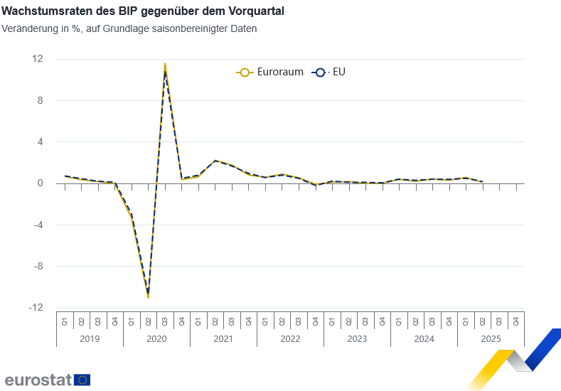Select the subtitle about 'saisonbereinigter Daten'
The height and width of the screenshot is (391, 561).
coord(129,29)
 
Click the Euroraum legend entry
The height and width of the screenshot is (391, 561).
coord(270,72)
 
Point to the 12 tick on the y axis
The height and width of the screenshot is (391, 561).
coord(38,59)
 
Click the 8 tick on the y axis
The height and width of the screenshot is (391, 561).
coord(40,100)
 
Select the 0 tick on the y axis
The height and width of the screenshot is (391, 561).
coord(40,183)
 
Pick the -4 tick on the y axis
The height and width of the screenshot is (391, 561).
coord(38,225)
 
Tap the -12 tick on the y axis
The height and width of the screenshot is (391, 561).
coord(36,308)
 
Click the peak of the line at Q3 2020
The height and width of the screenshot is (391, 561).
coord(165,64)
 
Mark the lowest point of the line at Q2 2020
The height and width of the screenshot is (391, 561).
coord(148,296)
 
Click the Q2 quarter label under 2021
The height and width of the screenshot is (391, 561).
coord(215,321)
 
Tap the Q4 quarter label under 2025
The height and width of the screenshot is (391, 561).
coord(516,321)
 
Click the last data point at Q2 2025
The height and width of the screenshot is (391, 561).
coord(483,181)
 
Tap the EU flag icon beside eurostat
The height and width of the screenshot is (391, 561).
coord(82,380)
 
